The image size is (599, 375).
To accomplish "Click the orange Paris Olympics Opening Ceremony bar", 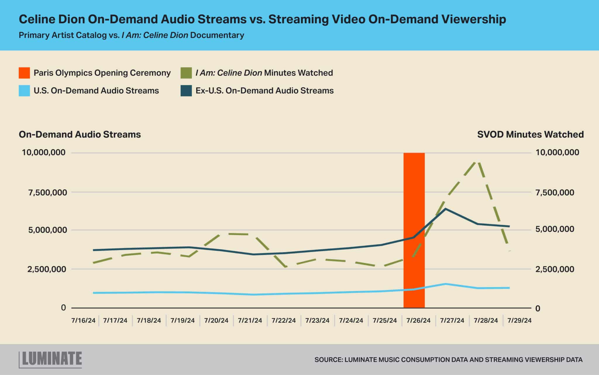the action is coord(414,230).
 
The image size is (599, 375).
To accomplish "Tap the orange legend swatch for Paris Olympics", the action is coord(24,73).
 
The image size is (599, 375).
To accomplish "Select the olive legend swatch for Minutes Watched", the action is coord(186,73).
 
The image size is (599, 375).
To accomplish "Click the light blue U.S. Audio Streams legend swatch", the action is coord(24,91).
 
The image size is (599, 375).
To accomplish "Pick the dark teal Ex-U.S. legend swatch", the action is coord(186,91).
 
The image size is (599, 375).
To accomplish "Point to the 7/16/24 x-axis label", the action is coord(83,320).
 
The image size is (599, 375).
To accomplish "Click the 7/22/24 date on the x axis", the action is coord(284,320).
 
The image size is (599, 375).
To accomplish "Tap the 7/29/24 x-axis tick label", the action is coord(519,320).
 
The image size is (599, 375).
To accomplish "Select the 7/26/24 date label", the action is coord(419,320).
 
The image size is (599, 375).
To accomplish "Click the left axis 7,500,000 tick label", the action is coord(48,192).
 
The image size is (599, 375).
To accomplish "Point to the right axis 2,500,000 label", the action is coord(555,269).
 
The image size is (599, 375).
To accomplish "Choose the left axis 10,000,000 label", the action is coord(44,152).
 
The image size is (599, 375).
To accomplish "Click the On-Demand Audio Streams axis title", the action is coord(80,134).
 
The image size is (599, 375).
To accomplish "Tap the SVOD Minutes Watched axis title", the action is coord(531,134).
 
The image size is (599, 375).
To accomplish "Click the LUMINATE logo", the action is coord(50,359).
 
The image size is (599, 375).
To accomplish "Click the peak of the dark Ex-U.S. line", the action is coord(445,209).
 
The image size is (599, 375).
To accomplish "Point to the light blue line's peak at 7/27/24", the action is coord(445,284).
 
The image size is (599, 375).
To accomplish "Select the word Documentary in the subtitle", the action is coord(217,35).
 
